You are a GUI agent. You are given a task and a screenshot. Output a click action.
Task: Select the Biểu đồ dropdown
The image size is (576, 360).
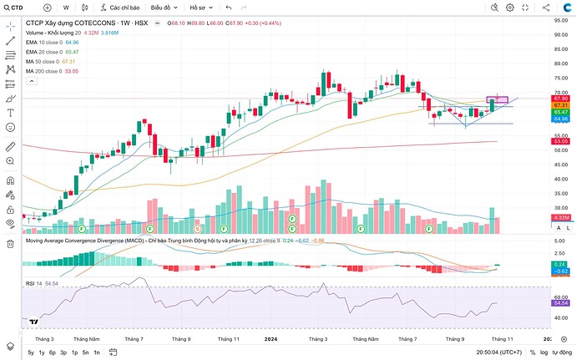(164, 7)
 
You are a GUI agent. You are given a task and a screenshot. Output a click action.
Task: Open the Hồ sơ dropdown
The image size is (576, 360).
(200, 7)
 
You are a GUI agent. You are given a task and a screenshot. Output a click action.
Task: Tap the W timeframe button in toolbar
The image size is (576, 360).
(66, 7)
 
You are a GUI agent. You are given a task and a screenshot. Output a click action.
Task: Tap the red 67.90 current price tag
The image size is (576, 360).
(560, 99)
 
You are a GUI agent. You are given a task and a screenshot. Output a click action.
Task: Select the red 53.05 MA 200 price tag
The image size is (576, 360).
(560, 142)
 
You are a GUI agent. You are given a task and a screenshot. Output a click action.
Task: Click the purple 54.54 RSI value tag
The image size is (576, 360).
(560, 303)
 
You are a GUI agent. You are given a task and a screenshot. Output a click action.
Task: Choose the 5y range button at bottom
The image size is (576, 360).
(31, 353)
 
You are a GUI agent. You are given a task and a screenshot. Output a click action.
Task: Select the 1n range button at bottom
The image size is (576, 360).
(96, 353)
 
